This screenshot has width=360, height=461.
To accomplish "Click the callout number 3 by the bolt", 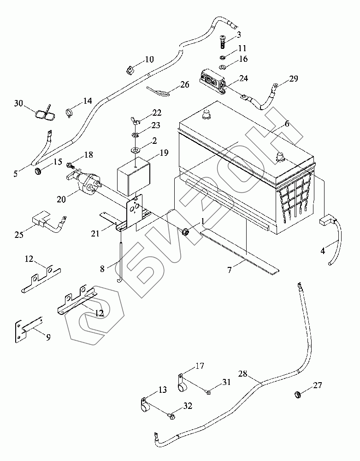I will pos(239,35).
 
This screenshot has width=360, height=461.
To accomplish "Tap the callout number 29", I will pos(294,79).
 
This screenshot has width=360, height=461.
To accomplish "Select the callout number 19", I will pos(164,153).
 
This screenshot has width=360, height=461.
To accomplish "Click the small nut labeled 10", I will pos(129,70).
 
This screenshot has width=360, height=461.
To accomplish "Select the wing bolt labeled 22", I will pos(134,121).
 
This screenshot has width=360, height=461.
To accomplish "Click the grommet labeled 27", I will pos(298,395).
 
